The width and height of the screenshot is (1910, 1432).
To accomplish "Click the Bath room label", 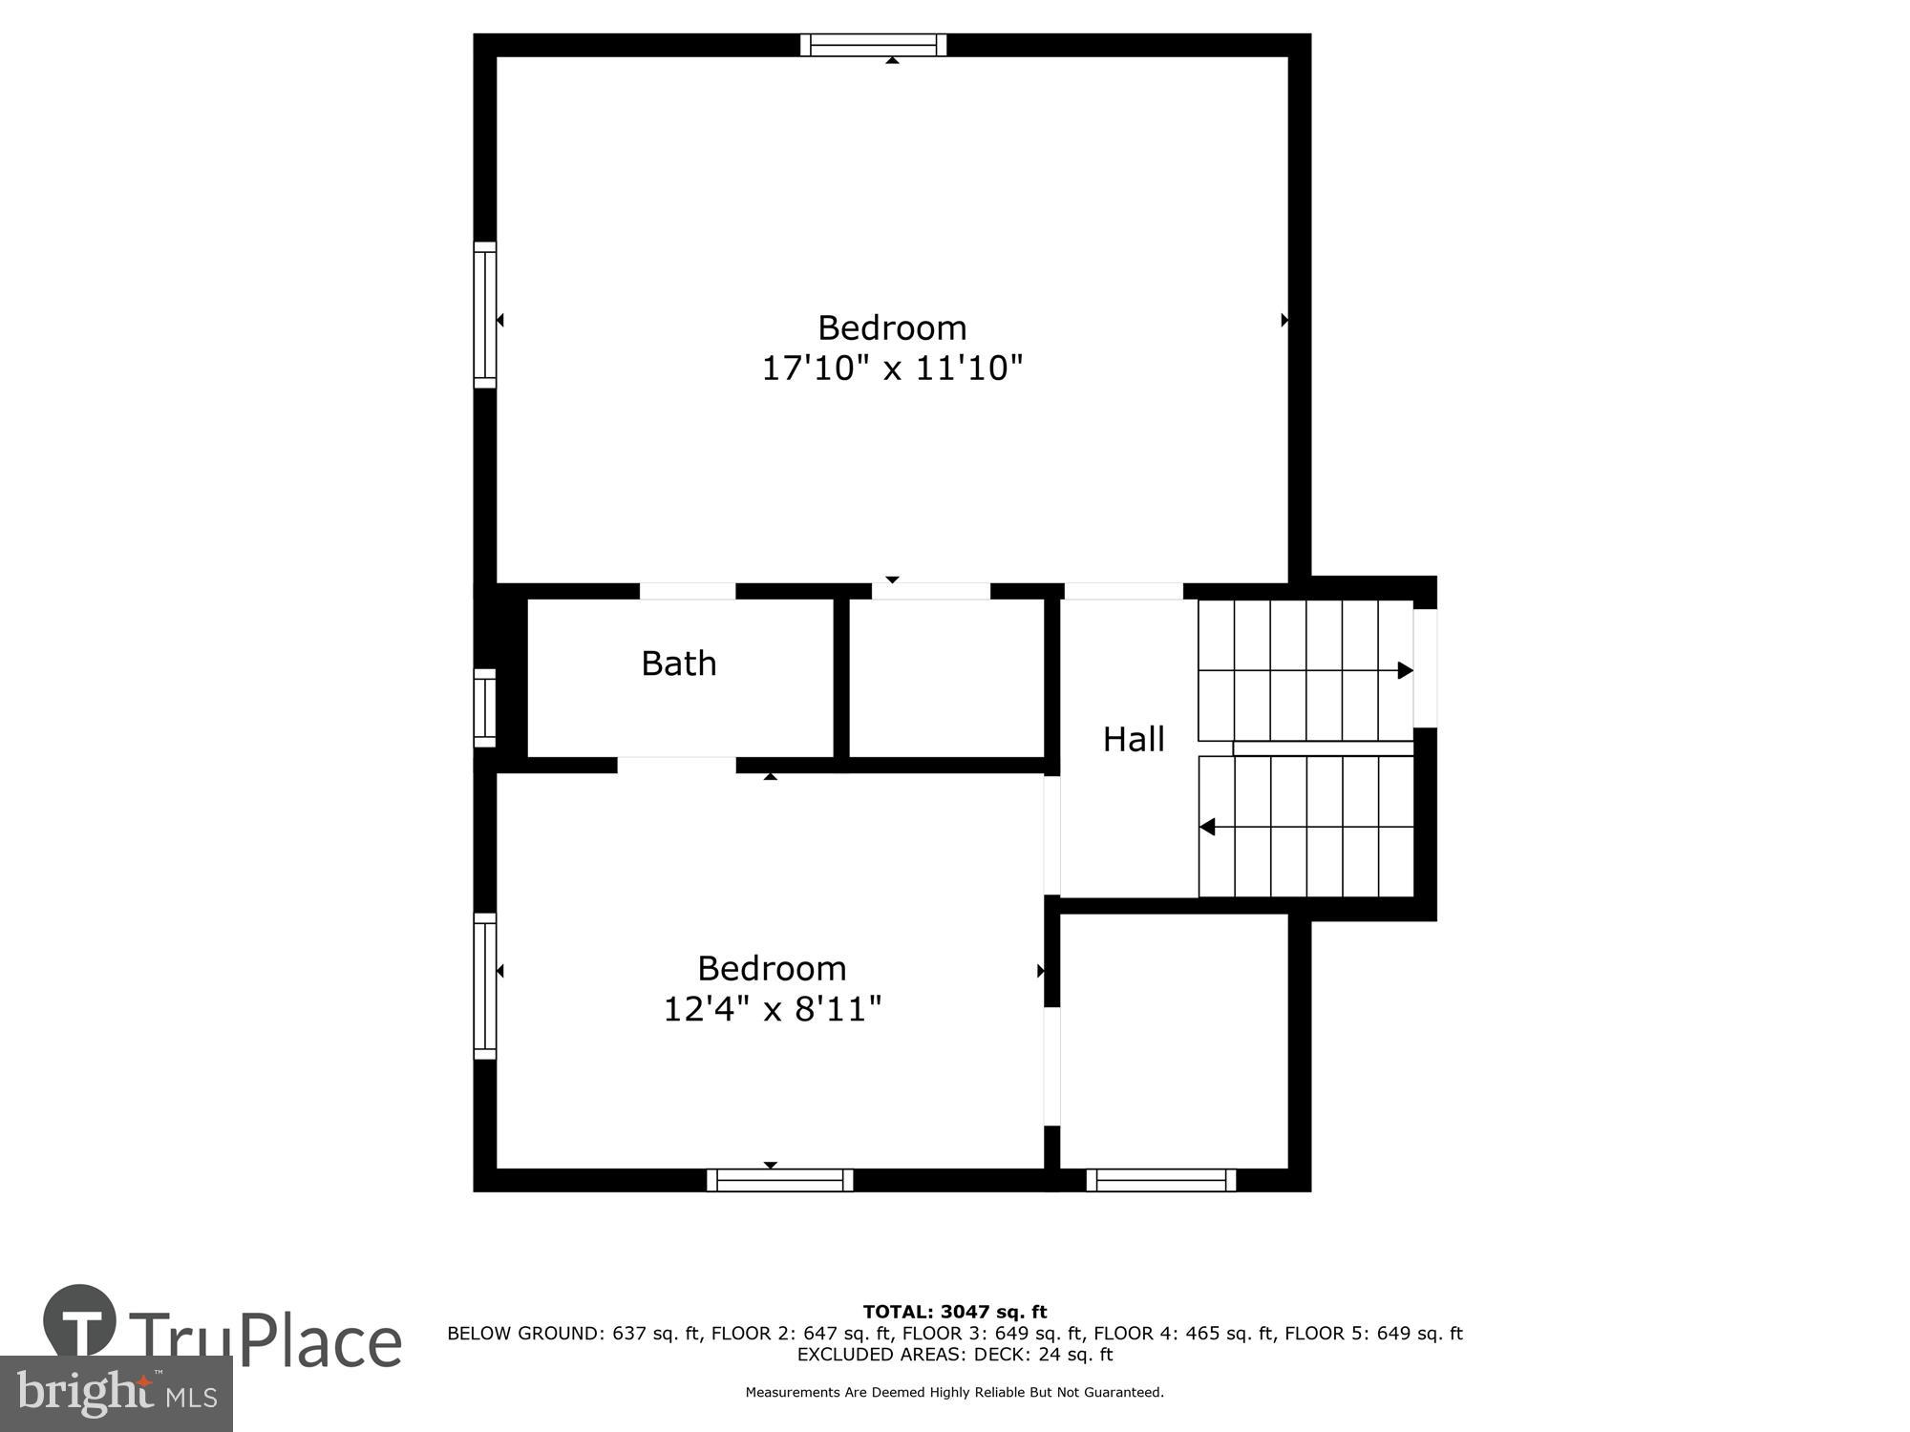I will click(678, 663).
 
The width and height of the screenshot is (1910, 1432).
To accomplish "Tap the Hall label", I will click(1134, 740).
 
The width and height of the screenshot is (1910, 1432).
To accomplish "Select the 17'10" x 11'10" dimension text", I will click(892, 369).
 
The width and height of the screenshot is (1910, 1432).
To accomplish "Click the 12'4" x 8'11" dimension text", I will click(772, 1009).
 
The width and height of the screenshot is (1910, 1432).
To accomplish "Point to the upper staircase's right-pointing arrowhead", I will click(1405, 670).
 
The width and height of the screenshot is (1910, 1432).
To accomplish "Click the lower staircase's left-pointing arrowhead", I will click(1207, 827).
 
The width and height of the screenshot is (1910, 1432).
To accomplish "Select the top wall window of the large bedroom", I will click(873, 45).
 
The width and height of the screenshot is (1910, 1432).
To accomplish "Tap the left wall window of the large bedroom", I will click(485, 315).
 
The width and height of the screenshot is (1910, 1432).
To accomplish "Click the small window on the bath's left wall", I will click(485, 708).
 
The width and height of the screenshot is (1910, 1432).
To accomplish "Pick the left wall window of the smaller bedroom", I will click(485, 986).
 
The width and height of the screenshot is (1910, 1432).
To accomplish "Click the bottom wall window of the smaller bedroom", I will click(780, 1181).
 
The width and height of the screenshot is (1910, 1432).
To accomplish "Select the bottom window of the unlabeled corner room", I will click(1160, 1181).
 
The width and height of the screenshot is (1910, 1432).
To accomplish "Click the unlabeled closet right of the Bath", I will click(945, 678).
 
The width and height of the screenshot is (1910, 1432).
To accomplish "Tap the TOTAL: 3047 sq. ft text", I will click(955, 1312).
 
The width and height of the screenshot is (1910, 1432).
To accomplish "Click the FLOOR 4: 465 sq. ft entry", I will click(1183, 1334).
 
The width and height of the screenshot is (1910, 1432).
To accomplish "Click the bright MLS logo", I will click(117, 1394).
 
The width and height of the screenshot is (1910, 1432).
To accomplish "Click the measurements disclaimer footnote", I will click(955, 1393).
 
